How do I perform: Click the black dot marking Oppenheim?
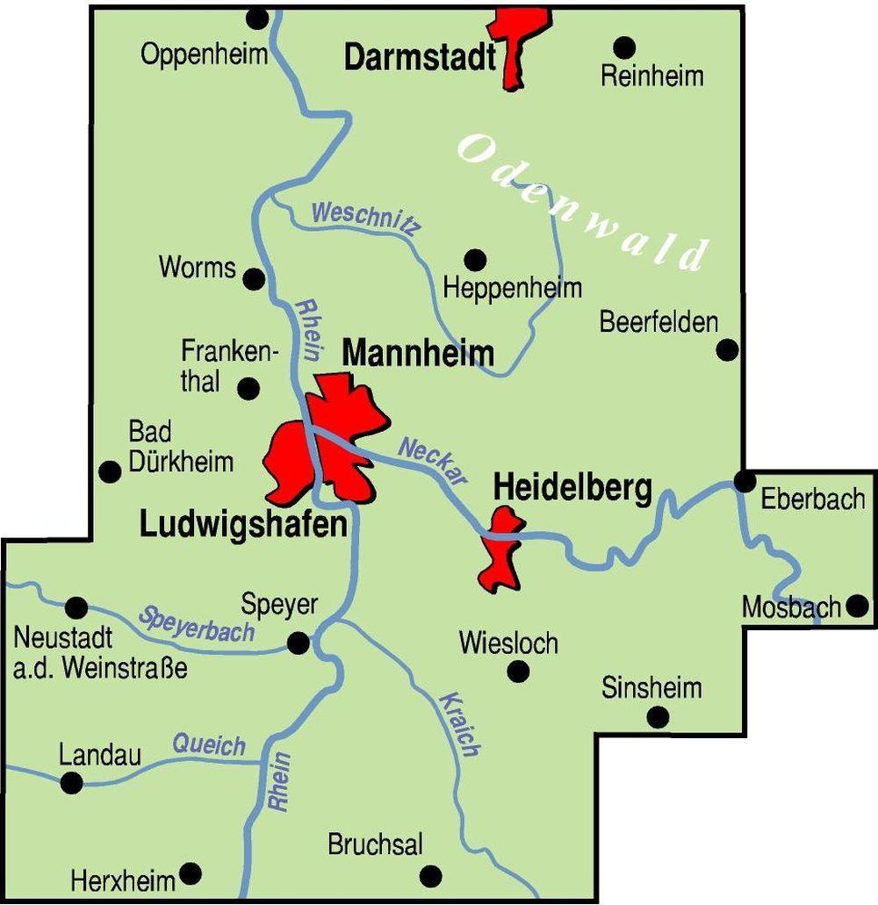(257, 18)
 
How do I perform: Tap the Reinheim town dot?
(624, 47)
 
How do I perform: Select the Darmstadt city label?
(420, 58)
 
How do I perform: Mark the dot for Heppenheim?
(475, 260)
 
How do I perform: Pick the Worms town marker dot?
(254, 279)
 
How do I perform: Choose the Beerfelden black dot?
(727, 350)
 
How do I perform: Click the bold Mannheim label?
(418, 354)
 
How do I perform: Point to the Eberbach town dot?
(745, 481)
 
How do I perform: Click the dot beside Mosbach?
(858, 606)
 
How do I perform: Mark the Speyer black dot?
(299, 643)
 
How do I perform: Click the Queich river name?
(209, 746)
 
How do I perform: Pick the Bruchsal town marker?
(431, 876)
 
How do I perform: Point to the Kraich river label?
(459, 724)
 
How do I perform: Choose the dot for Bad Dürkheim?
(110, 472)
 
